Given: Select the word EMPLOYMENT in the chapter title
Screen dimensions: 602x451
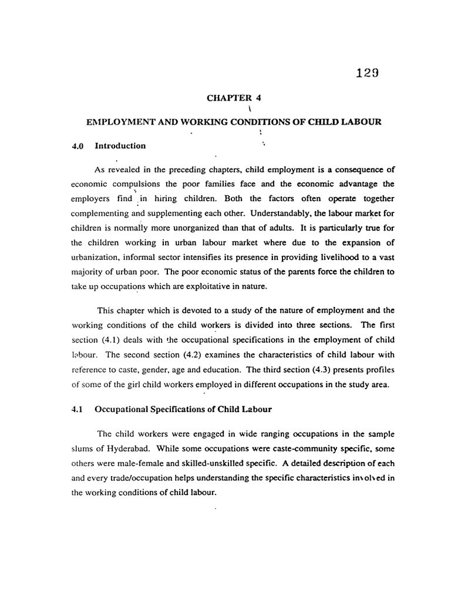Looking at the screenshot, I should tap(120, 122).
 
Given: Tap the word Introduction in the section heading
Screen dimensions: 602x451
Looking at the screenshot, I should tap(121, 146).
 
